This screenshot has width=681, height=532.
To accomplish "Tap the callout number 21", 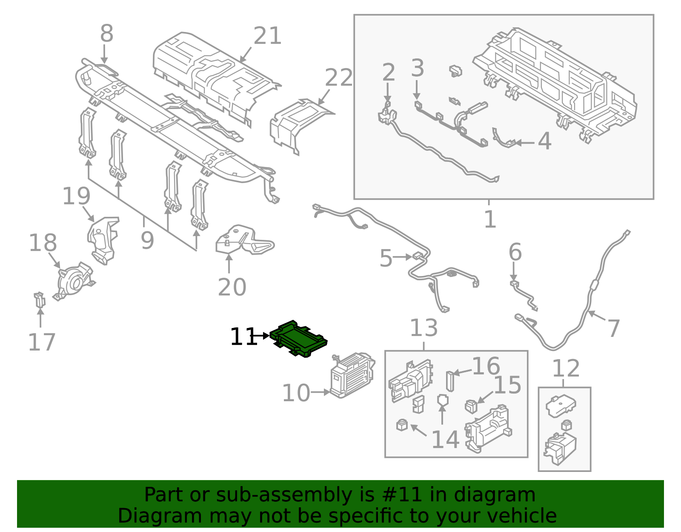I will pos(268,36).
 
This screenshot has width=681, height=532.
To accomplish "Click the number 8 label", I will pos(106,34).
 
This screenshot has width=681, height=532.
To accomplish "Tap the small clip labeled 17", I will pos(39,300).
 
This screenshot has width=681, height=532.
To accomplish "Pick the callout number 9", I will pos(147,241).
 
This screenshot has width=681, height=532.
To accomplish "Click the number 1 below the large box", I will pos(490,219).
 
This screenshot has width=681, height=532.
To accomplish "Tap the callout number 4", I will pos(544,141).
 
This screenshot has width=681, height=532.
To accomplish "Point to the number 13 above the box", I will pos(423,328).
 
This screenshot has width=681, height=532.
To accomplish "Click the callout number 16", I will pos(486,366).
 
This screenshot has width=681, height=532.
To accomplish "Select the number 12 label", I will pos(566,368).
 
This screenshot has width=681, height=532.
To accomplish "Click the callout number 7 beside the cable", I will pos(613,328).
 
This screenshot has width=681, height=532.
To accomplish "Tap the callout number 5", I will pos(386,259).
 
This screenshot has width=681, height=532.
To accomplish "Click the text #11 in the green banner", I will pos(402,495).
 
